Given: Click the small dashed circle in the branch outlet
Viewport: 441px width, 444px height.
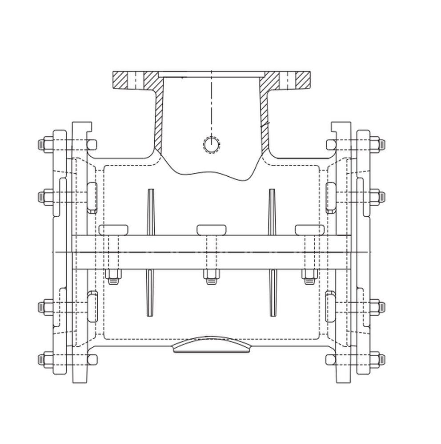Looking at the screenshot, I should point(211,144).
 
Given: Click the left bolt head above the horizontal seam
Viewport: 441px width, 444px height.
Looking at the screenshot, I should point(113,230).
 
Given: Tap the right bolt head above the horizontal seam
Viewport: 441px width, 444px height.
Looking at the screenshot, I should point(310,230).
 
